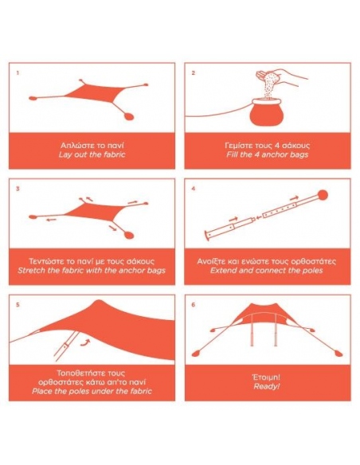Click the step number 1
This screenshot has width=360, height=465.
coord(18,72)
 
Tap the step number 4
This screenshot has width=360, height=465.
coord(194,189)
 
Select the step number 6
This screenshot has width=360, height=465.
coord(194,305)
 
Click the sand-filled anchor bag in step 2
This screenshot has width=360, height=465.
coord(267,113)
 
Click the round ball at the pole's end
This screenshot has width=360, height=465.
coord(323,195)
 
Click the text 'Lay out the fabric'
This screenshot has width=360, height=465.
coord(92,154)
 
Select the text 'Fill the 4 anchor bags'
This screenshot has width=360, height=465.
coord(268,154)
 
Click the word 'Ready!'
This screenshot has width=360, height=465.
coord(267,386)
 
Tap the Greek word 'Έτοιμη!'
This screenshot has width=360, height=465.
coord(266,377)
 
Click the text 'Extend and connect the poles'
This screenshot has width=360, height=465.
coord(267,271)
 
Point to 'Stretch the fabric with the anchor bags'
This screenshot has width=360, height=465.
coord(92,271)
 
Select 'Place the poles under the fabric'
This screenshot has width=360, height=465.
coord(92,391)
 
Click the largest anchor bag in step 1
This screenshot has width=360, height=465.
coord(128,116)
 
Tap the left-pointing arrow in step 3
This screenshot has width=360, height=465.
coord(51,220)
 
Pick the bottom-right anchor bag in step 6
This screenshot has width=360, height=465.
coord(338,354)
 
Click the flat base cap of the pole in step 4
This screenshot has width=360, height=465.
coord(206,236)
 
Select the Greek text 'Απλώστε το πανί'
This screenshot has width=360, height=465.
coord(92,145)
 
